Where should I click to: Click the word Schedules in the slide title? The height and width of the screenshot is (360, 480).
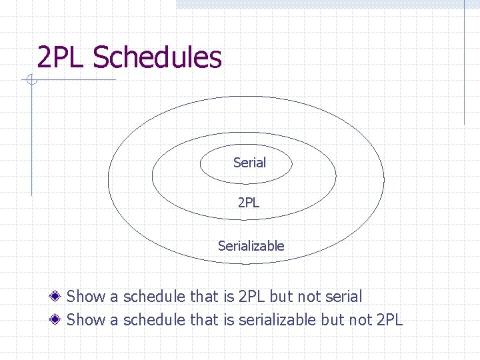[x=157, y=57]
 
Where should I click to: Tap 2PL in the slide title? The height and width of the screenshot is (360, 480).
[x=62, y=57]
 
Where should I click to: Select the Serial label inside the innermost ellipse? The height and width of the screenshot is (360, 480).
[x=249, y=163]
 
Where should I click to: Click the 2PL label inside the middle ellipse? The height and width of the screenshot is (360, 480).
[x=248, y=202]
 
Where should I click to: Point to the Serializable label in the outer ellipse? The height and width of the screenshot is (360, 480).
[x=251, y=246]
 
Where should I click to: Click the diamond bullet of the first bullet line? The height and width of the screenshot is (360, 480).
[x=58, y=297]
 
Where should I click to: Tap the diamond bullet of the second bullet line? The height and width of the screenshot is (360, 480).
[x=58, y=319]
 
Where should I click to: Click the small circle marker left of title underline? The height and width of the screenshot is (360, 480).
[x=31, y=81]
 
